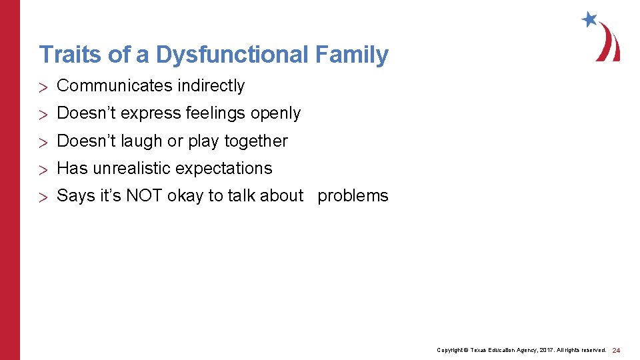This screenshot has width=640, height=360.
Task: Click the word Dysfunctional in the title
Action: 232,55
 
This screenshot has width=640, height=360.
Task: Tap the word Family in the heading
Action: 352,55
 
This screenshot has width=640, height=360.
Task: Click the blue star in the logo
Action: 589,19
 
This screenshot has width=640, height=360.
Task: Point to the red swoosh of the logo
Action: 609,43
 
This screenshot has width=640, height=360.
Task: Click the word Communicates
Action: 114,86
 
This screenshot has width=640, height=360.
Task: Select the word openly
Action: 276,114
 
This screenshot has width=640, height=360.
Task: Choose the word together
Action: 256,141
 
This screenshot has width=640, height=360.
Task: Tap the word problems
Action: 353,196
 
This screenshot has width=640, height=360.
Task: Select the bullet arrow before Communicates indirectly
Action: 45,87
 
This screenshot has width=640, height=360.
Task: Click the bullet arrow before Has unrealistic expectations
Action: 45,169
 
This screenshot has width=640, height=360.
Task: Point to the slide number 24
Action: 616,350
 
